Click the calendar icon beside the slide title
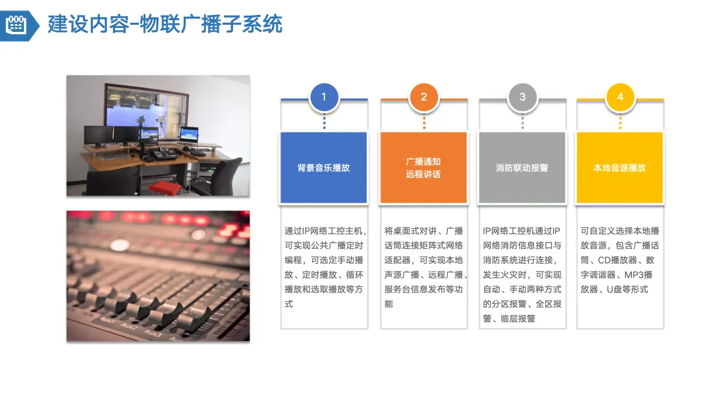click(15, 25)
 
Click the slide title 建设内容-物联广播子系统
click(165, 25)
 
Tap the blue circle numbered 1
click(324, 97)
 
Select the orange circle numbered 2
click(424, 97)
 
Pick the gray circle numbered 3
click(523, 97)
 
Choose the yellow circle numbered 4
click(621, 97)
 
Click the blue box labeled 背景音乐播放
click(324, 168)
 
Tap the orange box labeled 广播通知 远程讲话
click(423, 168)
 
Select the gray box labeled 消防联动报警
click(523, 168)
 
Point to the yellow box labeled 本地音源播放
click(620, 168)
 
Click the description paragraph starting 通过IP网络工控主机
click(324, 267)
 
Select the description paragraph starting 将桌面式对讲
click(424, 267)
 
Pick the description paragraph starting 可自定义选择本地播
click(620, 260)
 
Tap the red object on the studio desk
click(164, 187)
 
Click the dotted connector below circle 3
click(523, 121)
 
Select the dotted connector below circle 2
click(424, 121)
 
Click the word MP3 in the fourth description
click(636, 275)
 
